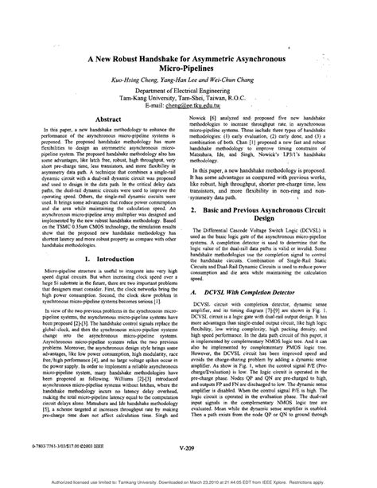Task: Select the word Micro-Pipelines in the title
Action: (188, 70)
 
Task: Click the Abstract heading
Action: (107, 117)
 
